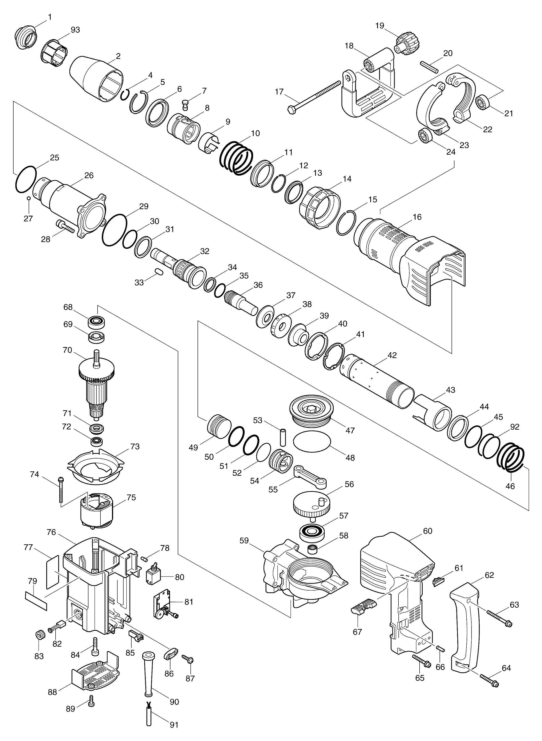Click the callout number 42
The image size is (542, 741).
coord(392,355)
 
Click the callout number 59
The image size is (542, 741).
coord(244,540)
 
